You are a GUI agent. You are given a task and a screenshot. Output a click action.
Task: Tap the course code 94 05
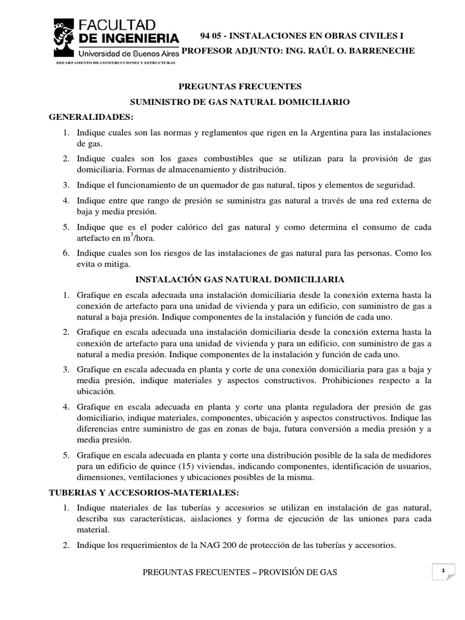click(x=211, y=36)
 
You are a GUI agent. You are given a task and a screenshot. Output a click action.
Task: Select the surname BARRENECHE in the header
click(x=384, y=51)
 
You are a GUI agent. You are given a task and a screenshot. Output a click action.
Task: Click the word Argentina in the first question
click(x=332, y=132)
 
